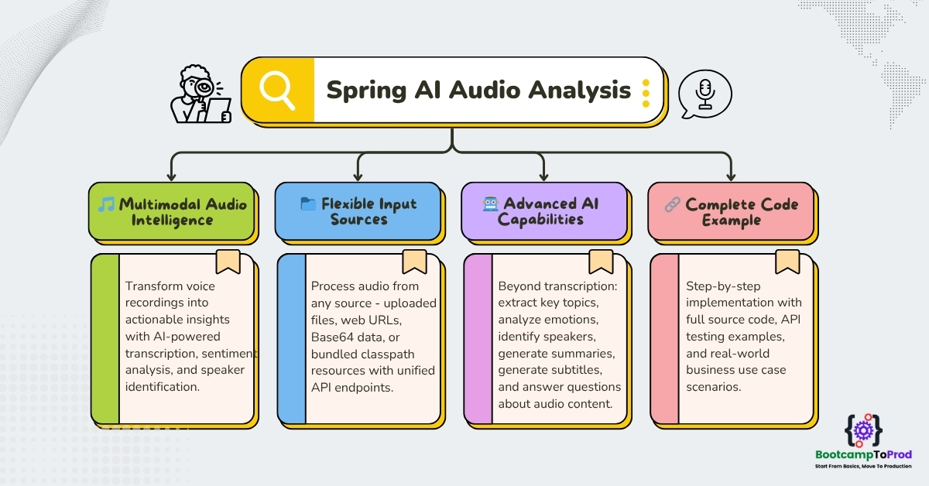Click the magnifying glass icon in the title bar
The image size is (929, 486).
[x=276, y=91]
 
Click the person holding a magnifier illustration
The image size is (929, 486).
[x=201, y=95]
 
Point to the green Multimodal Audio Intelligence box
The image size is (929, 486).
[x=172, y=211]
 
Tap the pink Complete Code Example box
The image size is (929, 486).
[x=730, y=211]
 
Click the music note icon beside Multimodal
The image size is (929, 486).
[x=106, y=204]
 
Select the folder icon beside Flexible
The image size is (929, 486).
[x=308, y=204]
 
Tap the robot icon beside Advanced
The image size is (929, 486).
[x=490, y=204]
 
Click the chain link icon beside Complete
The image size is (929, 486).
[x=672, y=204]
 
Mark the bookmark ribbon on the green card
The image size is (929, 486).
[x=228, y=262]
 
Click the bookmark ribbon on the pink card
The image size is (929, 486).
[x=787, y=262]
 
